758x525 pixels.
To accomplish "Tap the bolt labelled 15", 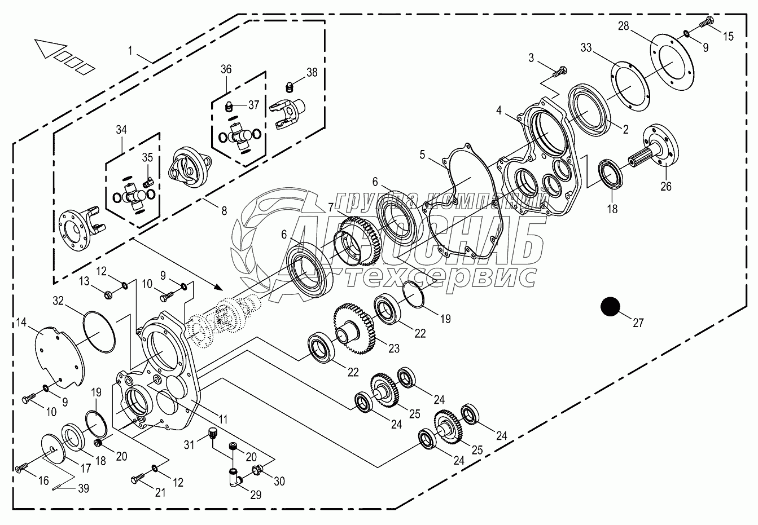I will pyautogui.click(x=706, y=23).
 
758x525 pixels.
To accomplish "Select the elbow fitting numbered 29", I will pyautogui.click(x=235, y=477).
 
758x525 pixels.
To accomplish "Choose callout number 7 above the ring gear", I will pyautogui.click(x=330, y=209).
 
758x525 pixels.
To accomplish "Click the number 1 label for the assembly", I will pyautogui.click(x=130, y=51).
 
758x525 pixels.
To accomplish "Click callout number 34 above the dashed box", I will pyautogui.click(x=121, y=130).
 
